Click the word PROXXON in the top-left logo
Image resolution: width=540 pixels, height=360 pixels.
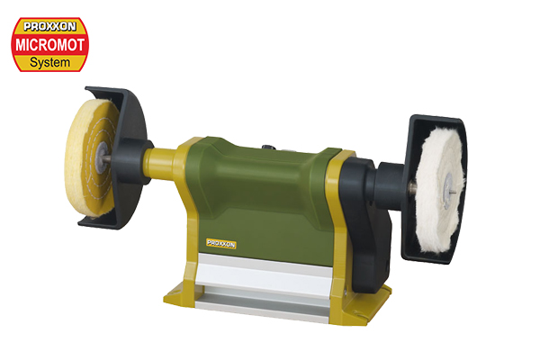tap(49, 26)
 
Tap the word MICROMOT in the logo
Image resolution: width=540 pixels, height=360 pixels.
tap(49, 45)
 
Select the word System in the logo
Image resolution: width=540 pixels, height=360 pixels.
tap(49, 62)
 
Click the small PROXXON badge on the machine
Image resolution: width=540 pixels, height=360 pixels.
tap(221, 244)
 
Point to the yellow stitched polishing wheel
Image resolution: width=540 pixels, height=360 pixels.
tap(90, 157)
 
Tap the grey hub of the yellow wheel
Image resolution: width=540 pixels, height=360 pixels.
tap(102, 157)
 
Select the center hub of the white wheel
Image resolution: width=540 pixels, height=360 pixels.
tap(447, 191)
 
